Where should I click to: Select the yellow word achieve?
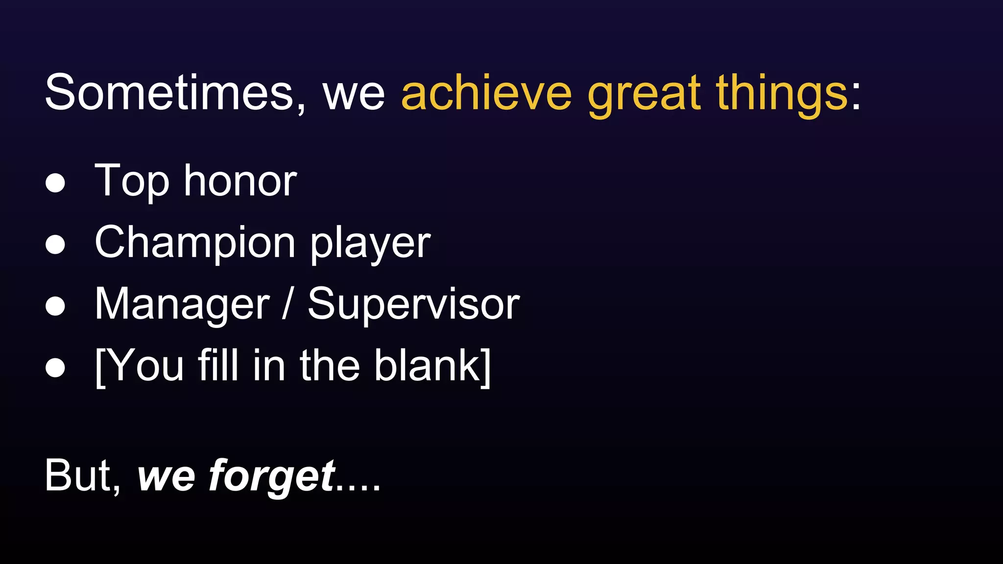point(486,93)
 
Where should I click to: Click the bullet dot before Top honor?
point(55,183)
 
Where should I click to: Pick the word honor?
point(240,181)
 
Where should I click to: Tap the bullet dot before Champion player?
point(55,244)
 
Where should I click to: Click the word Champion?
point(195,243)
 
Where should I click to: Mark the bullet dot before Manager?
point(55,306)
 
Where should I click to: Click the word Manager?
point(182,305)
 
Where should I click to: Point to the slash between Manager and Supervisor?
point(288,304)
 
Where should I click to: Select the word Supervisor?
point(413,305)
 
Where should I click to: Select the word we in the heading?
point(354,94)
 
